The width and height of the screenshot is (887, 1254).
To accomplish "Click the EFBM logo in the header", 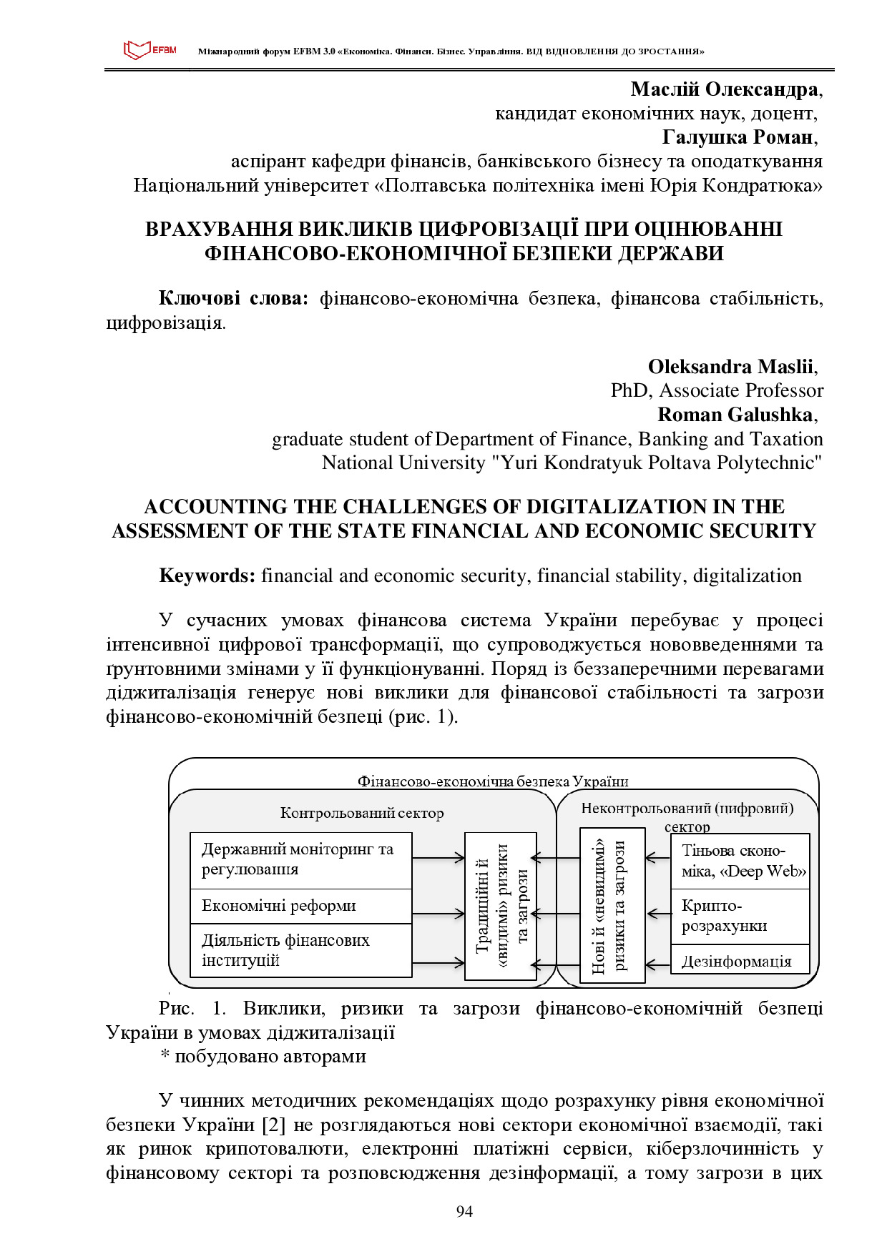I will [150, 50].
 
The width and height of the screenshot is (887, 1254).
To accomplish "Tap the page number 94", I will [464, 1210].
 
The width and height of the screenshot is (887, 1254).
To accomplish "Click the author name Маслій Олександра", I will [724, 89].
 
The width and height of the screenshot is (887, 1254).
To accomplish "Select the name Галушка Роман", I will [737, 137].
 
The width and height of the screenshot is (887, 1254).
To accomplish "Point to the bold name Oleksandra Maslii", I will [730, 367].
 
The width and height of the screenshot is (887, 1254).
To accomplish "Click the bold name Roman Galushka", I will [735, 415].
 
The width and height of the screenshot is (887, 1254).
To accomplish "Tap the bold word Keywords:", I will [207, 576].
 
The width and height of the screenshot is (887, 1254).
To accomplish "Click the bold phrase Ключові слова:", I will [232, 298].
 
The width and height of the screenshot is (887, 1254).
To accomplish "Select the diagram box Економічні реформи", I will [300, 906].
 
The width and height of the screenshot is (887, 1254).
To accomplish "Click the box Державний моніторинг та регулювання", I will [300, 859].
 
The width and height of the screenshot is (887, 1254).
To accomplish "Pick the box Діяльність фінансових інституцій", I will [300, 950].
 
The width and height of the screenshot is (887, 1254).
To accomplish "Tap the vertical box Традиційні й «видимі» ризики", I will [500, 906].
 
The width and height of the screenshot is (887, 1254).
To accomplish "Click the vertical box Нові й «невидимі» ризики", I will [612, 906].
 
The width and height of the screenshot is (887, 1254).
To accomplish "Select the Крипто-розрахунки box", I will [740, 916].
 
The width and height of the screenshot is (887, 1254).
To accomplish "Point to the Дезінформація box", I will [740, 961].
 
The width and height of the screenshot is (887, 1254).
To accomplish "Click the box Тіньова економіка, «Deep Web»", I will [740, 861].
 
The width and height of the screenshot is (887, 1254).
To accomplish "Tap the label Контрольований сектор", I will [361, 813].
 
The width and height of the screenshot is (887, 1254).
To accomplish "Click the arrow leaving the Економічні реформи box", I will [438, 914].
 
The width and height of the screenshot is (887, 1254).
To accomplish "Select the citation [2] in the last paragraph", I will [274, 1125].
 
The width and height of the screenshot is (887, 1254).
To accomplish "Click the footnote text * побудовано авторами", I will [263, 1056].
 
